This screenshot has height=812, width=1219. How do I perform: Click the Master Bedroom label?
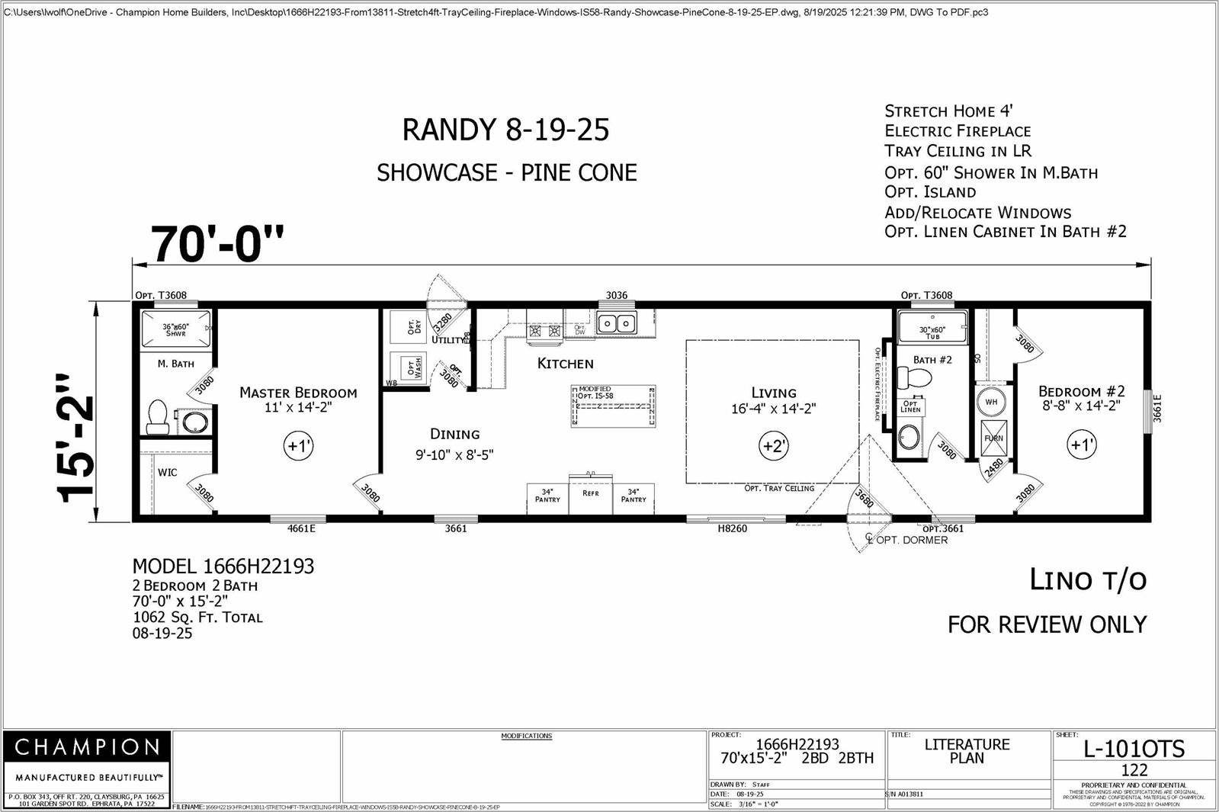(298, 393)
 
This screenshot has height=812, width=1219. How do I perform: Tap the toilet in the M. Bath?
(158, 417)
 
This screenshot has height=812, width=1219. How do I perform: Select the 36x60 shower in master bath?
(175, 329)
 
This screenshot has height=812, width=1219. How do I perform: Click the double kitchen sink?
(616, 324)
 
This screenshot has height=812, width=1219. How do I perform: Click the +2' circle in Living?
(774, 446)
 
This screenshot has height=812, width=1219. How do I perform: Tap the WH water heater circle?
(991, 402)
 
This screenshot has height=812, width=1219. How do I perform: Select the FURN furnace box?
(993, 438)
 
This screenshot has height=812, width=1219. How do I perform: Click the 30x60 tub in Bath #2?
(932, 327)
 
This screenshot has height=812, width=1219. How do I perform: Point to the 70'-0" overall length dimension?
(218, 244)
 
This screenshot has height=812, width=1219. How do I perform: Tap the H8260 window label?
(732, 528)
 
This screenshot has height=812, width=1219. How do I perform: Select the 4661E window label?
(301, 528)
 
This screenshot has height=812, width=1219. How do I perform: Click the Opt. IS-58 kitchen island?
(614, 406)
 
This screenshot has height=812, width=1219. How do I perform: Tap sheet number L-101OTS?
(1134, 749)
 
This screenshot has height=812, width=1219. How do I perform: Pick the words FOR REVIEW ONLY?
(1047, 624)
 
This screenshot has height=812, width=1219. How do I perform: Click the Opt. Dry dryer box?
(408, 326)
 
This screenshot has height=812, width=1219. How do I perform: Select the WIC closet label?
(167, 472)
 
